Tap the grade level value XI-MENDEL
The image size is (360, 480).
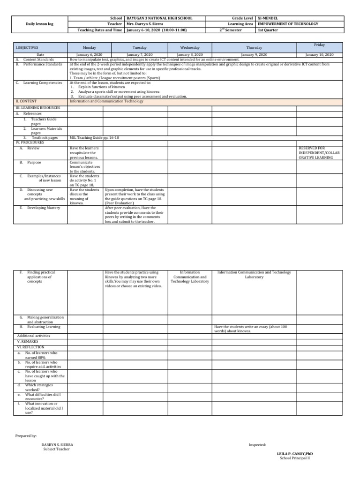click(269, 18)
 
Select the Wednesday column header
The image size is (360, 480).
click(190, 48)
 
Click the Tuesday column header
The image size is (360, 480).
click(140, 48)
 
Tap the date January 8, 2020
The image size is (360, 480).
click(190, 55)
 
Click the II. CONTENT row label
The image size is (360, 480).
click(27, 101)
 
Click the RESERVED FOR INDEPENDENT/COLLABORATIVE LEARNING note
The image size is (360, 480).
click(315, 153)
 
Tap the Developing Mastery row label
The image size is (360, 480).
click(44, 208)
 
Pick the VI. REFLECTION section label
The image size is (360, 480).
click(31, 347)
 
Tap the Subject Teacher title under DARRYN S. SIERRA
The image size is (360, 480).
click(56, 449)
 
